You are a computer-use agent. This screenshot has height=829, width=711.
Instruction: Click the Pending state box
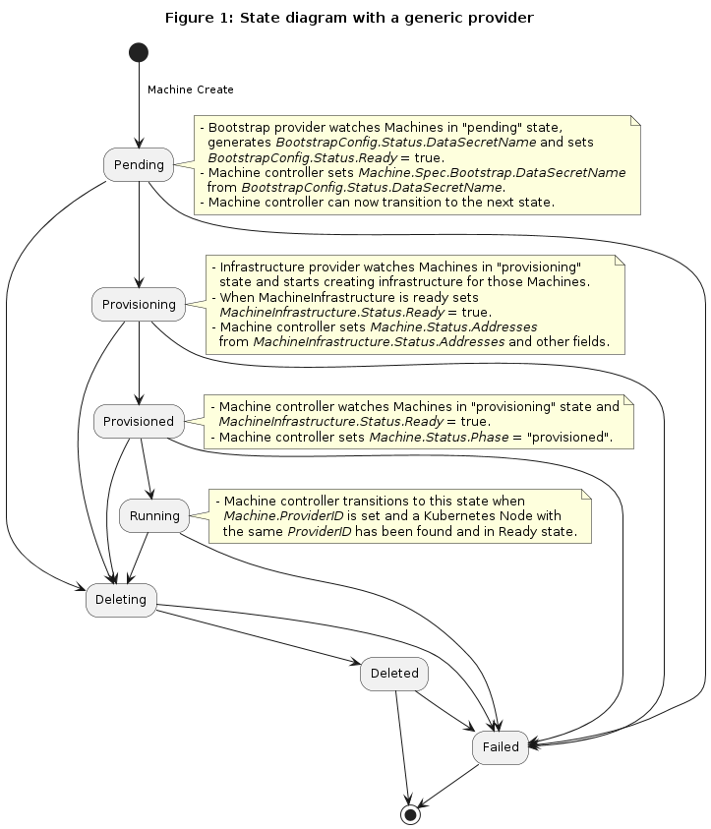(x=139, y=165)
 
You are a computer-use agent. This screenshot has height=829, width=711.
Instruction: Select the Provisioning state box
(x=139, y=305)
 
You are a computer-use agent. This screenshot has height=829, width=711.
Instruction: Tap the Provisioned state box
(x=139, y=421)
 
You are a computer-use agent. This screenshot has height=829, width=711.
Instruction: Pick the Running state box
(x=154, y=515)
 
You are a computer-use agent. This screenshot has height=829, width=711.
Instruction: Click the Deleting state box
(x=121, y=600)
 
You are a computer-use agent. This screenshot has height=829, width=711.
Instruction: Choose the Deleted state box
(x=394, y=674)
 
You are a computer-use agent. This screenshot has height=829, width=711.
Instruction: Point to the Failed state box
(x=501, y=747)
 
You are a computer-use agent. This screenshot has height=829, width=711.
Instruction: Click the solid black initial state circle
(x=139, y=52)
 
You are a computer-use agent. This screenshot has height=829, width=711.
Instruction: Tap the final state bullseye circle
(x=410, y=814)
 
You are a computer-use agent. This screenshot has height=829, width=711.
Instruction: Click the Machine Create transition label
(x=191, y=89)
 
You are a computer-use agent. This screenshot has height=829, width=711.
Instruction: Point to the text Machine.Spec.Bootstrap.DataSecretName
(x=492, y=173)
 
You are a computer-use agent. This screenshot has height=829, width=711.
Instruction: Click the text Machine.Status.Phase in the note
(x=439, y=438)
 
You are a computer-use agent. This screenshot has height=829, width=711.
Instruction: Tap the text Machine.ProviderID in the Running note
(x=283, y=516)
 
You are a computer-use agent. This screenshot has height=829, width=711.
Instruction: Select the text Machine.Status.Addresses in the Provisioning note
(x=453, y=327)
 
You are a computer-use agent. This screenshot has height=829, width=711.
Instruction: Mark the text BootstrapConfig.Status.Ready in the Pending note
(x=302, y=158)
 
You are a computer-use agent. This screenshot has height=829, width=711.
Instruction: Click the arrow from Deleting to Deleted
(x=259, y=637)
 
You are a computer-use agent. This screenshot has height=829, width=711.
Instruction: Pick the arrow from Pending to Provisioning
(x=139, y=235)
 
